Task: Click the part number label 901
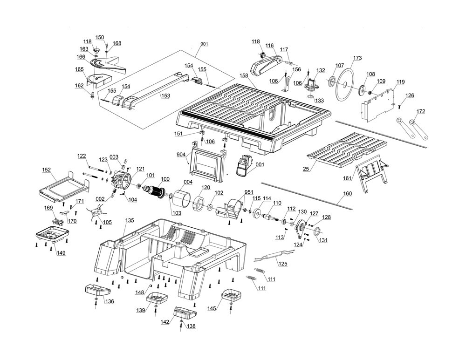pos(204,44)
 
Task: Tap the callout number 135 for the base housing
pos(130,220)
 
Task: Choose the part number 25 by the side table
pos(306,169)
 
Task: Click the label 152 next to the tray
pos(46,170)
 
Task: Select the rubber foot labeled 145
pos(231,294)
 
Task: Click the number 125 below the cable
pos(283,264)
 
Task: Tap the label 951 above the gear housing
pos(249,192)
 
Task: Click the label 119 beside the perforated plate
pos(400,82)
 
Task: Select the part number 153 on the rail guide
pos(165,96)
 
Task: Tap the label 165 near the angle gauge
pos(80,69)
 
